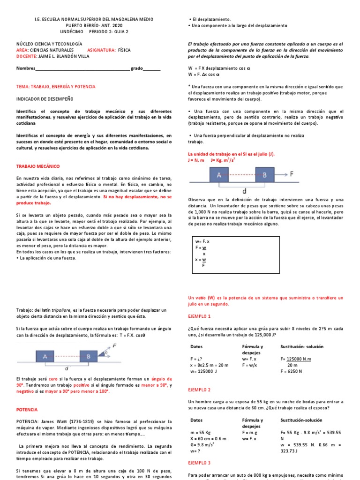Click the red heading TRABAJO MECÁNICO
tap(38, 166)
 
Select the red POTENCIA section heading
tap(27, 409)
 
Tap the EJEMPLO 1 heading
tap(199, 316)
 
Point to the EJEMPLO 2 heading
tap(199, 390)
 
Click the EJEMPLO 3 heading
tap(199, 463)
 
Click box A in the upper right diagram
tap(218, 175)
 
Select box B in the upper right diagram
tap(265, 175)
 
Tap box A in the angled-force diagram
tap(45, 357)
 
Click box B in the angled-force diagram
tap(89, 357)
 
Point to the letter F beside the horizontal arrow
tap(292, 174)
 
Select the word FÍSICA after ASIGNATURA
tap(124, 49)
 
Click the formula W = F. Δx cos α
tap(204, 74)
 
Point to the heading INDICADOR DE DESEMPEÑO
tap(45, 99)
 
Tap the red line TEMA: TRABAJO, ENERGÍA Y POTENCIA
tap(56, 87)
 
